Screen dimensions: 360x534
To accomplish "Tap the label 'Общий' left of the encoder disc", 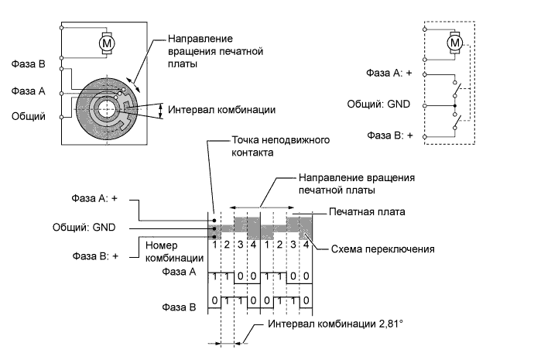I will click(27, 117).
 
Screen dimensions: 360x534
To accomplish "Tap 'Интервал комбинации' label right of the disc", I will click(221, 109).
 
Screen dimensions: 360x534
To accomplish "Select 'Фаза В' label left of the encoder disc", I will click(27, 65).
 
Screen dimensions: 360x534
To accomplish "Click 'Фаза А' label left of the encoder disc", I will click(27, 91).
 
